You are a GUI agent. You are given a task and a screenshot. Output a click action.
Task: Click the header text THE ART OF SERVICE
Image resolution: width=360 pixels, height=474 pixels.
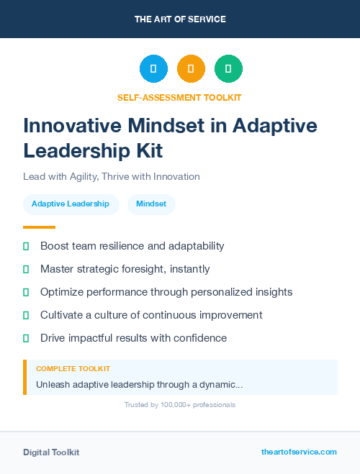point(180,19)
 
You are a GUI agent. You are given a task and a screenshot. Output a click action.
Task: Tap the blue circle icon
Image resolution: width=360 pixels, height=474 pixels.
point(153,69)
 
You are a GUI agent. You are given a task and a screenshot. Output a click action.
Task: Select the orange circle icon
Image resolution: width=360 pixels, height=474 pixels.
point(191,69)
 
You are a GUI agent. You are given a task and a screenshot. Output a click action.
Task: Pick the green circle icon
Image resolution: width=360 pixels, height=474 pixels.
point(228,69)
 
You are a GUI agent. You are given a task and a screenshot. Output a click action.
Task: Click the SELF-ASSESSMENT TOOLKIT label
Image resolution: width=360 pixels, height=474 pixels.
point(180,97)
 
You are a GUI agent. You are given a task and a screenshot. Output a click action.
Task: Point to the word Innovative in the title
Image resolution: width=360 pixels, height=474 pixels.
point(66,126)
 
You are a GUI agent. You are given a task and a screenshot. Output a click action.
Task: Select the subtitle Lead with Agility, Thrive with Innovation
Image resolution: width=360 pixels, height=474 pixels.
point(111,176)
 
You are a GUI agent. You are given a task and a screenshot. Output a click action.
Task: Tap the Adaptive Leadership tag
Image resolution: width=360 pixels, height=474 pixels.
point(71,204)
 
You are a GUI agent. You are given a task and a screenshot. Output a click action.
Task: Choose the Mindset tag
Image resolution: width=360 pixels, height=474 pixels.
point(151,204)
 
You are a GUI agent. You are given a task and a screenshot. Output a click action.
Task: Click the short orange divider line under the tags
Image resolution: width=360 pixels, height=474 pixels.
point(34,227)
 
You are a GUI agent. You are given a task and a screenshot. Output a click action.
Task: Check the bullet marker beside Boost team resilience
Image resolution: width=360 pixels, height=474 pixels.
point(26,247)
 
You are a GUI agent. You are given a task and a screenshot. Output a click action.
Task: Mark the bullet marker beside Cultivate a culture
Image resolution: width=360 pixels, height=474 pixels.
point(26,315)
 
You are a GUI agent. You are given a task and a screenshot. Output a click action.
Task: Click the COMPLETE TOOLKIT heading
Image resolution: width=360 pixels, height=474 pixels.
point(73,368)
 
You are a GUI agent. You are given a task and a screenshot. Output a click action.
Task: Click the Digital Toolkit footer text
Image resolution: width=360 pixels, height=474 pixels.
point(51,452)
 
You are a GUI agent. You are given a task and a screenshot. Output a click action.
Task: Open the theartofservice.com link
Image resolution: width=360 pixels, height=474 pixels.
point(299,452)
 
